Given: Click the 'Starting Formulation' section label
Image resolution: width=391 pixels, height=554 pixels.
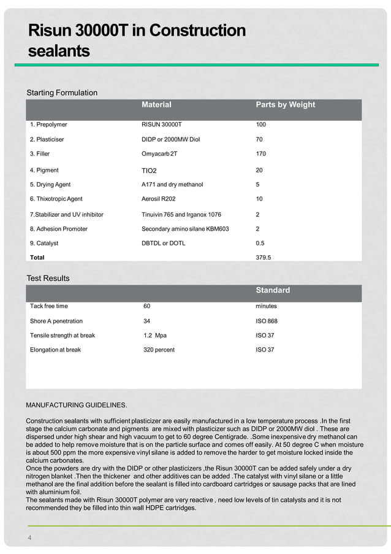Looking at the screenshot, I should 62,93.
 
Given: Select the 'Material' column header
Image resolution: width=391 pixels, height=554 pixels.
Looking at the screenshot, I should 156,105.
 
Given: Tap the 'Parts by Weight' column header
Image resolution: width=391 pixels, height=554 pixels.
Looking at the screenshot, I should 285,105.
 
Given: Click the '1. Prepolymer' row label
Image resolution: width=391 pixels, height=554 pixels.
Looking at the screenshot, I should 48,125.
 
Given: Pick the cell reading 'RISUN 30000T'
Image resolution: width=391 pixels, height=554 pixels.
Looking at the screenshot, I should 162,125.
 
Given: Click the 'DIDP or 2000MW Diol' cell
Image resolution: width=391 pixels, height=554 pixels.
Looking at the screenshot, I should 171,139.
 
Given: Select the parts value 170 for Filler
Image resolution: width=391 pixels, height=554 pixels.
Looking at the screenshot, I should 261,154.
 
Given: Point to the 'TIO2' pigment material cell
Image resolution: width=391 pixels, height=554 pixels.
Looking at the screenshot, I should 149,170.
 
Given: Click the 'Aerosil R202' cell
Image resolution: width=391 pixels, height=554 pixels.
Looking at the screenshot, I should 160,199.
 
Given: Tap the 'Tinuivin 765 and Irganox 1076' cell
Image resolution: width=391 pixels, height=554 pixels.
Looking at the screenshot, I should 181,214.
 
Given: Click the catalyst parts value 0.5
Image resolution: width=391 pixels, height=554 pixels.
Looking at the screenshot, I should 260,243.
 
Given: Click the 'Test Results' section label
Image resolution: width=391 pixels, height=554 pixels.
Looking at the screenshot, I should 48,278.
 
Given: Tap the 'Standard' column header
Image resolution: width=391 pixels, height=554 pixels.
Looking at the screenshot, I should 272,290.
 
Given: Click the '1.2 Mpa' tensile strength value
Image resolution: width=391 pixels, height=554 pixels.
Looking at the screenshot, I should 154,336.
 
